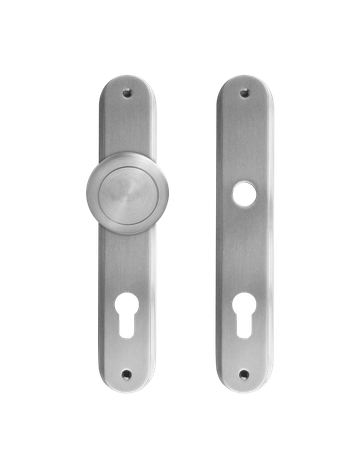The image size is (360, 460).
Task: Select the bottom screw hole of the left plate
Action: (x=128, y=376)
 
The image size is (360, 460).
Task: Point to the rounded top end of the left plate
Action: (x=128, y=80)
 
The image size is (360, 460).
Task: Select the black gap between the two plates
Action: (x=186, y=230)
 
